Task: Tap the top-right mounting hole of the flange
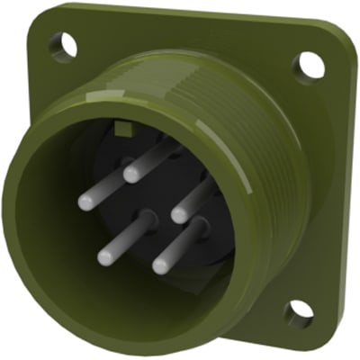308,63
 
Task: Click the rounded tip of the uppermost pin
132,174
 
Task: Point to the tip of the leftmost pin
85,202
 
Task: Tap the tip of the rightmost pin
179,215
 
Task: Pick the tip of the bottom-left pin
105,256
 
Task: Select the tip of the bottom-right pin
160,265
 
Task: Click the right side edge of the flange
338,180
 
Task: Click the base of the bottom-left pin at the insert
141,216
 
